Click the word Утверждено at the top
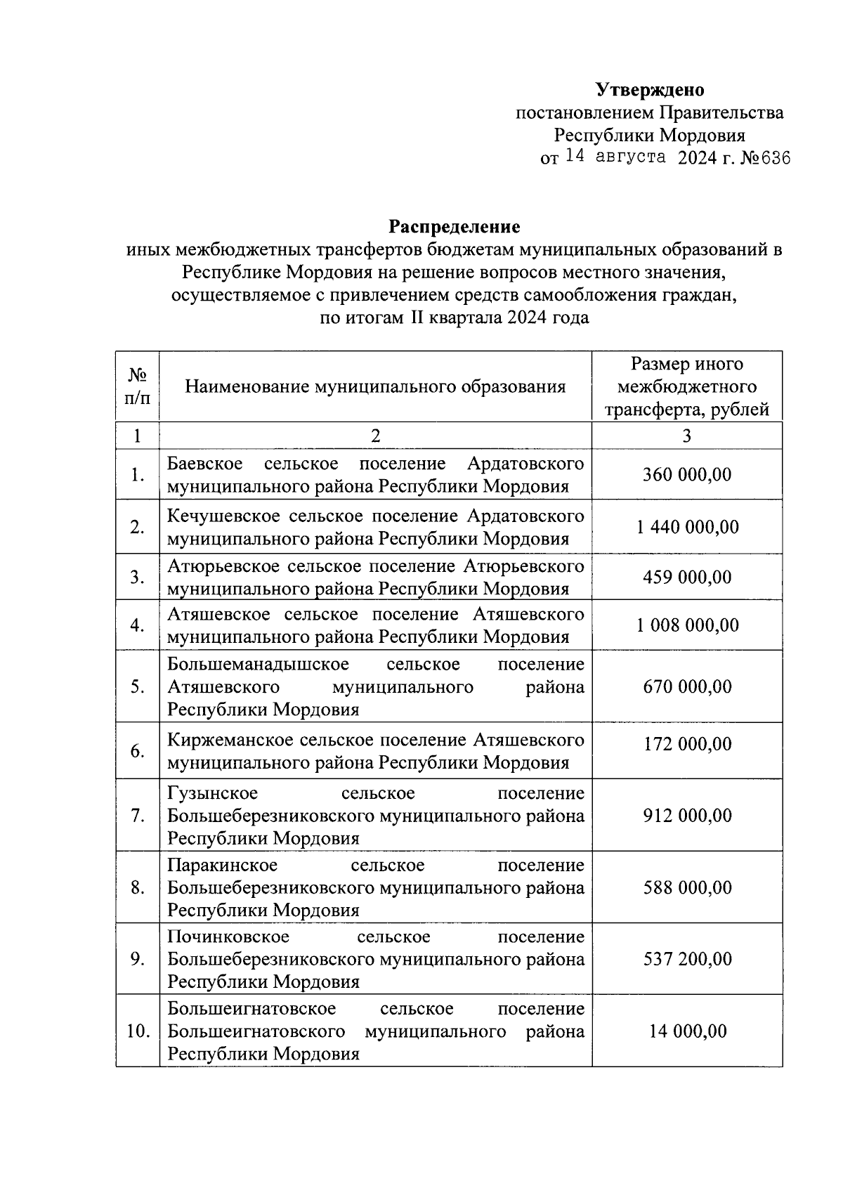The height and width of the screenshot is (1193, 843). [650, 90]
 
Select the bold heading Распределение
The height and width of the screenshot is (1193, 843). [455, 227]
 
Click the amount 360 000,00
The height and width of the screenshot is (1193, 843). [687, 475]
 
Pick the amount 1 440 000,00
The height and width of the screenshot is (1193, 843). [687, 527]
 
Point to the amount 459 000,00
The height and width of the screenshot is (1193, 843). [687, 577]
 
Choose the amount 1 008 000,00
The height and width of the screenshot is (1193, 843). [687, 625]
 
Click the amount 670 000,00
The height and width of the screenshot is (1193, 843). [687, 686]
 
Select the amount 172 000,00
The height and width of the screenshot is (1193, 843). [687, 744]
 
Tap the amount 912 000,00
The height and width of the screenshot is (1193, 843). [687, 816]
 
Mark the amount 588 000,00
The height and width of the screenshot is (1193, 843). [687, 887]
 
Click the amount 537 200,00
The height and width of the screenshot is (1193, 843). [687, 959]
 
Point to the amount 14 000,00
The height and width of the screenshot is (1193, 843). [687, 1031]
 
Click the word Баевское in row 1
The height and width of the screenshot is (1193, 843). [205, 464]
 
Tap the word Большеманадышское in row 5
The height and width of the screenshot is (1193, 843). [258, 665]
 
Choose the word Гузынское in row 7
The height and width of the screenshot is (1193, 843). [212, 793]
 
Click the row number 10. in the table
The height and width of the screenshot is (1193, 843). [138, 1031]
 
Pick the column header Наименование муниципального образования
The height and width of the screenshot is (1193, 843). [375, 387]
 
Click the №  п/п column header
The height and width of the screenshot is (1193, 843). [138, 387]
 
